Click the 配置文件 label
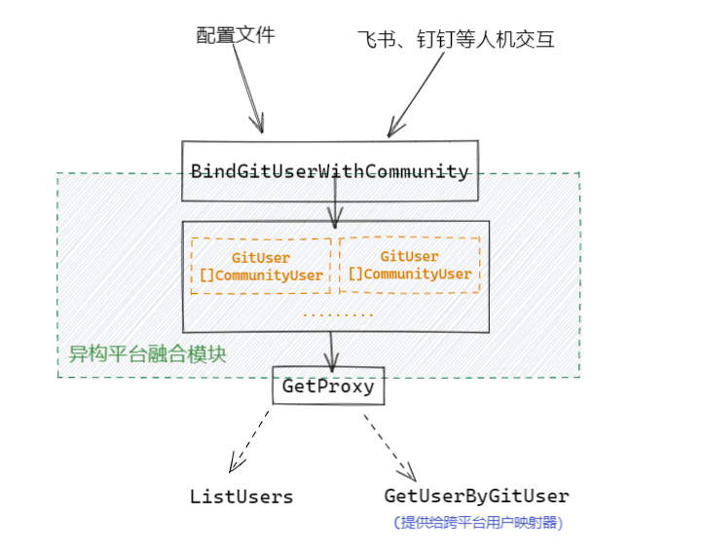pyautogui.click(x=236, y=35)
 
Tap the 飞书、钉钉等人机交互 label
pyautogui.click(x=456, y=40)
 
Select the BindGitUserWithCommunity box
pyautogui.click(x=330, y=171)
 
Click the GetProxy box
pyautogui.click(x=328, y=386)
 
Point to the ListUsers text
pyautogui.click(x=241, y=496)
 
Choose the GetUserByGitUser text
pyautogui.click(x=476, y=496)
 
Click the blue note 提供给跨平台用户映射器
pyautogui.click(x=478, y=523)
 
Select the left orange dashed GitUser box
pyautogui.click(x=260, y=266)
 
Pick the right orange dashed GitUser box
pyautogui.click(x=409, y=265)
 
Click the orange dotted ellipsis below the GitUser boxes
pyautogui.click(x=338, y=314)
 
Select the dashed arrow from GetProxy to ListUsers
pyautogui.click(x=248, y=436)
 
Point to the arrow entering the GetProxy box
pyautogui.click(x=332, y=350)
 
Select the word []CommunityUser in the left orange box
pyautogui.click(x=261, y=275)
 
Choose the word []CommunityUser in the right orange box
pyautogui.click(x=409, y=274)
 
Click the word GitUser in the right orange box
pyautogui.click(x=409, y=256)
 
